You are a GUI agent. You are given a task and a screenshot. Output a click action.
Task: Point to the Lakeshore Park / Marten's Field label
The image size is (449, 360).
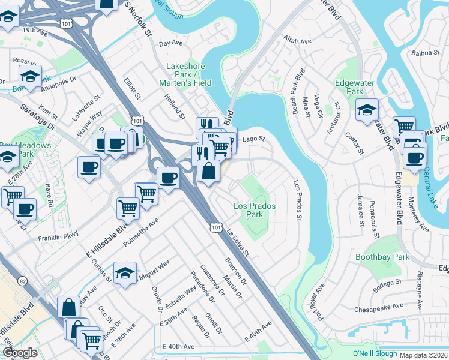pyautogui.click(x=185, y=74)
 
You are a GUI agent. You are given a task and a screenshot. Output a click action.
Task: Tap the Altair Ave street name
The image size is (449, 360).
pyautogui.click(x=298, y=41)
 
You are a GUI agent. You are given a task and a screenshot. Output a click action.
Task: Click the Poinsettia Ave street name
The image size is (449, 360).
pyautogui.click(x=140, y=232)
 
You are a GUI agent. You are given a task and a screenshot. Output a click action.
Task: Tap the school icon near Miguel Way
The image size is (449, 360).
pyautogui.click(x=124, y=272)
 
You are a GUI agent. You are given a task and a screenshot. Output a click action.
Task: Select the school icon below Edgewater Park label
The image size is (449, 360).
pyautogui.click(x=367, y=110)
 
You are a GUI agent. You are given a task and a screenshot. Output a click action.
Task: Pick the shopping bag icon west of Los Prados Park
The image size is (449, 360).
pyautogui.click(x=208, y=172)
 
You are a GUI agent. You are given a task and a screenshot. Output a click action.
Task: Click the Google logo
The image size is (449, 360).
pyautogui.click(x=19, y=353)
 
